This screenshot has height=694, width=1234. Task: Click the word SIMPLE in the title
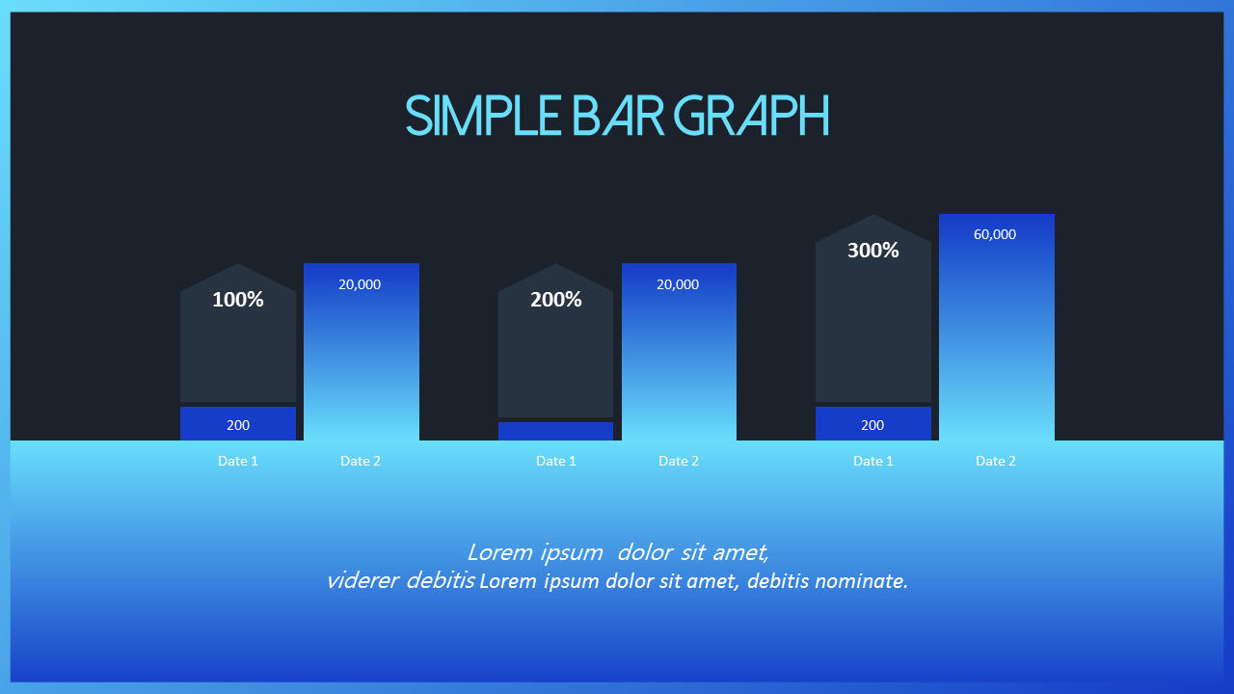coord(483,115)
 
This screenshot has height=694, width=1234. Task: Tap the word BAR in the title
coord(618,115)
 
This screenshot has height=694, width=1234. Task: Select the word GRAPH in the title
coord(751,115)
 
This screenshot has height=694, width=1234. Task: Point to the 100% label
coord(238,300)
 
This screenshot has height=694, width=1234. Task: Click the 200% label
coord(556,300)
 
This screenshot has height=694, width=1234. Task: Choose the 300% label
coord(873,251)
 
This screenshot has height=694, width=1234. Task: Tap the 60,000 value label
coord(995,234)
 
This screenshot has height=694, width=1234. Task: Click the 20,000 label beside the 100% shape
coord(360,284)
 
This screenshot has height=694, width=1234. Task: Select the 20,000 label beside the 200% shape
coord(678,284)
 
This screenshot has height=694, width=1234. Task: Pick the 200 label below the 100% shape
coord(238,425)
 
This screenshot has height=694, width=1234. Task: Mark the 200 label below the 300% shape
coord(872,425)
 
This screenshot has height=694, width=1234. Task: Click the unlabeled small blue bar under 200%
coord(556,431)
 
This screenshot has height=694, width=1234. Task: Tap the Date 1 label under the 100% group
coord(238,461)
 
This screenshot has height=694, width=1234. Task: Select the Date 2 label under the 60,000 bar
coord(996,461)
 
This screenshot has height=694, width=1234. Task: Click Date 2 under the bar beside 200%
coord(679,461)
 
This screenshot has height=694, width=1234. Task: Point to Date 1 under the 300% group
coord(873,461)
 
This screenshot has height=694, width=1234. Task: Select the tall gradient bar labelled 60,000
coord(997,327)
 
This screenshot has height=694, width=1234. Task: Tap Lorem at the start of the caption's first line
coord(499,552)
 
